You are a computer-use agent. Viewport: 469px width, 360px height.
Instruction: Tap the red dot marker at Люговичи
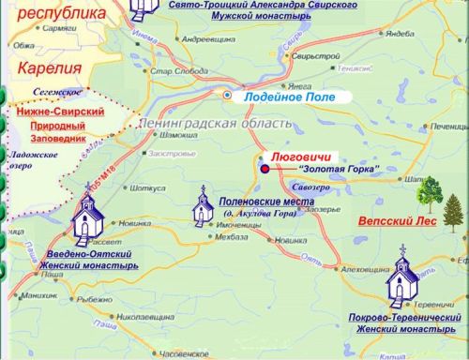click(x=265, y=169)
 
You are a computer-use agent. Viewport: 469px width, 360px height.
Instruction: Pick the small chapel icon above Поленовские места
click(x=201, y=204)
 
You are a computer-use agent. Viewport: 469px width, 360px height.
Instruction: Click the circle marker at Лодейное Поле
click(x=227, y=95)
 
